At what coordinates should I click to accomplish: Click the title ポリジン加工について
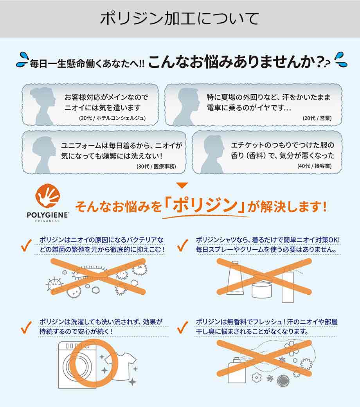coord(180,19)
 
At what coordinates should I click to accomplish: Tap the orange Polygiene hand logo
coord(48,197)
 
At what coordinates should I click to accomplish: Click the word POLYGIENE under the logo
coord(48,215)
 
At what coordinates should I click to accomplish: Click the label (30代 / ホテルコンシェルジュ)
coord(112,118)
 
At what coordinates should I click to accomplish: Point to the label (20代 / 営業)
coord(317,118)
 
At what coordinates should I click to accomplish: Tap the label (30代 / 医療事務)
coord(156,166)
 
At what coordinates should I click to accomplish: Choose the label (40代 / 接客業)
coord(314,166)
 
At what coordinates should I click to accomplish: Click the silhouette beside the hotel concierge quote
coord(43,106)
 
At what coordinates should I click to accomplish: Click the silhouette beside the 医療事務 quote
coord(43,155)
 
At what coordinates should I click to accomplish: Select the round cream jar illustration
coord(262,288)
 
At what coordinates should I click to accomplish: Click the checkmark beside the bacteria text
coord(26,245)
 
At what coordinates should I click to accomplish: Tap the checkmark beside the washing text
coord(26,327)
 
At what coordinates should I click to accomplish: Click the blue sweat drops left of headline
coord(23,60)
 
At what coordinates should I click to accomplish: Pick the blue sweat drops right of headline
coord(341,60)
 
